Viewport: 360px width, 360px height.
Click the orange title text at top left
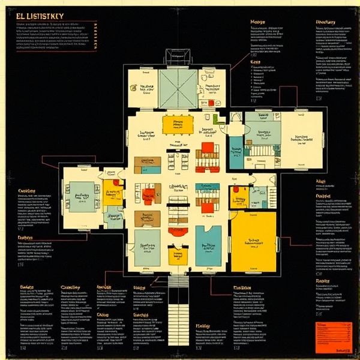pyautogui.click(x=43, y=16)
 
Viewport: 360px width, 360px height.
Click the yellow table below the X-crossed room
pyautogui.click(x=178, y=124)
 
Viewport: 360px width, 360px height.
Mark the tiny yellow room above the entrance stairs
pyautogui.click(x=176, y=257)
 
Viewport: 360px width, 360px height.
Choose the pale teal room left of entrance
pyautogui.click(x=146, y=246)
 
